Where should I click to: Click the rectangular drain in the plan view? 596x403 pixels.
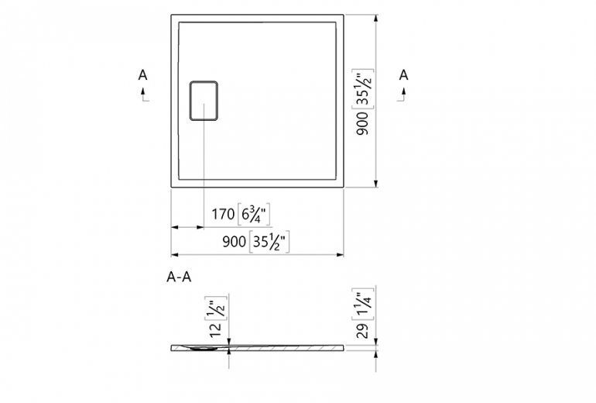coord(204,101)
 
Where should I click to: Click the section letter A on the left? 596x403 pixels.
coord(142,75)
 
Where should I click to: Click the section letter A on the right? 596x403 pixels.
coord(404,75)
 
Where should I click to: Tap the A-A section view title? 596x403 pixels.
coord(179,277)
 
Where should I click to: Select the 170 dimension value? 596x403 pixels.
coord(223,214)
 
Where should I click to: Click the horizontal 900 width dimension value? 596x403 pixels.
coord(234,241)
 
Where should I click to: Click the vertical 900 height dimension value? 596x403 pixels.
coord(362,123)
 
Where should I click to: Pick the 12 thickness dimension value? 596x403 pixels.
coord(215,329)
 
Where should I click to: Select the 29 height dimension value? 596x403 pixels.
coord(362,331)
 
